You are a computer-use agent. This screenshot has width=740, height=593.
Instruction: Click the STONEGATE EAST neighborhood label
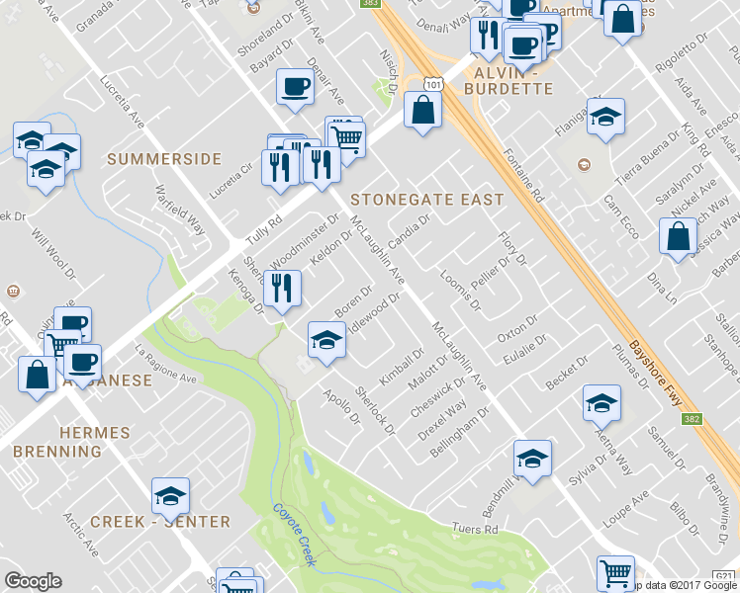pos(427,200)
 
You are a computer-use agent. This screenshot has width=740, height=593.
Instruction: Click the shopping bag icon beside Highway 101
pos(423,113)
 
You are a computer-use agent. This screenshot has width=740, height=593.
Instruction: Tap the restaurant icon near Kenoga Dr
pos(282,290)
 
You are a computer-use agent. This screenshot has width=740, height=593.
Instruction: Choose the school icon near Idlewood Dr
pos(327,341)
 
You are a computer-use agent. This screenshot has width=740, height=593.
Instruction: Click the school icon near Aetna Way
pos(601,403)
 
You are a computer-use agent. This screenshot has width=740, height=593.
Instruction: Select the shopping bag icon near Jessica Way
pos(678,238)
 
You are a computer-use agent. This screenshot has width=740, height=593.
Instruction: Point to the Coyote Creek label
pos(294,535)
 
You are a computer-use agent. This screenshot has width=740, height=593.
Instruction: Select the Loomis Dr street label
pos(459,292)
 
